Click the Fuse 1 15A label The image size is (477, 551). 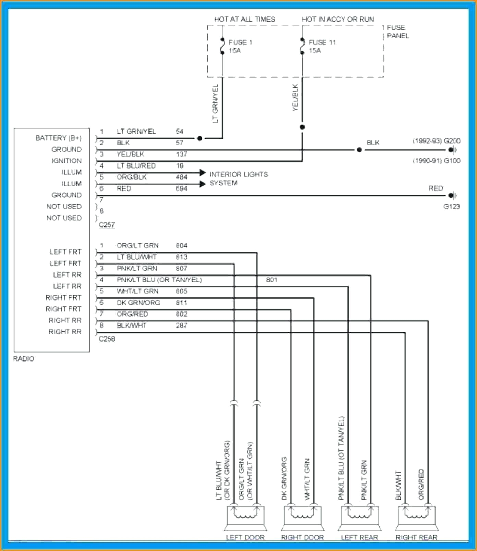(240, 47)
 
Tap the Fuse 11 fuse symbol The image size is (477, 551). (302, 46)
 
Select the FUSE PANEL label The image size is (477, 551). (397, 32)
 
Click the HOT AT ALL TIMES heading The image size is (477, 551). (245, 19)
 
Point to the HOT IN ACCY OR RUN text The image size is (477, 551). (338, 19)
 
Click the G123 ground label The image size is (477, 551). (451, 207)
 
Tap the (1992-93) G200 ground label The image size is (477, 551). (436, 141)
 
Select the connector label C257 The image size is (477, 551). (107, 225)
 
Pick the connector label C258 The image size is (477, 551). (107, 339)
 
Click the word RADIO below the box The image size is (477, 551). (24, 359)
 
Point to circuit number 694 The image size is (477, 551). (181, 188)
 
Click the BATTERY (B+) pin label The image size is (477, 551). (58, 138)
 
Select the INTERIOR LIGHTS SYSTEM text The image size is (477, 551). (238, 179)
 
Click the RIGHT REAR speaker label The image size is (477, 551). (416, 537)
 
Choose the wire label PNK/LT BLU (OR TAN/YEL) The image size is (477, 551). (159, 280)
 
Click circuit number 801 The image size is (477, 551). (272, 280)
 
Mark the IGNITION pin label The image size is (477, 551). (67, 161)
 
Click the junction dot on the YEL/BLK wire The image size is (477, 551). (302, 127)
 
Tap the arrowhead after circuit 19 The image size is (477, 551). (202, 173)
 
